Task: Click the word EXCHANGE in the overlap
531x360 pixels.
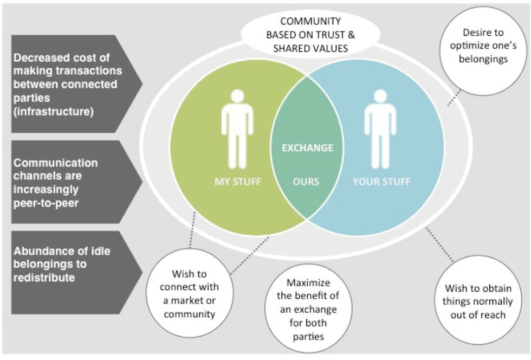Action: [308, 148]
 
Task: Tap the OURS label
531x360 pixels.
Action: [306, 182]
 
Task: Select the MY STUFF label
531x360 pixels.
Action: [238, 182]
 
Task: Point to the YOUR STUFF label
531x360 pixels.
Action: [381, 182]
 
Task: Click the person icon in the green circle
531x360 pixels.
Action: [237, 129]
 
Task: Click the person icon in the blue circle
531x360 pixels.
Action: [380, 129]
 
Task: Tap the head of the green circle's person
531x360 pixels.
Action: [237, 96]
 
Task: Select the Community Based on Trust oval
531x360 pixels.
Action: [310, 34]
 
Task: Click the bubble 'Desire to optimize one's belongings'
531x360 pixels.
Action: [483, 51]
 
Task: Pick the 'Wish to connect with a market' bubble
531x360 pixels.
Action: [190, 293]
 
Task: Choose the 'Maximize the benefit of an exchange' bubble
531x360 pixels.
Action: [308, 309]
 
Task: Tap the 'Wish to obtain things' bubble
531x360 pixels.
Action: [478, 300]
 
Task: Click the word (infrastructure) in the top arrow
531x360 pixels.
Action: [53, 112]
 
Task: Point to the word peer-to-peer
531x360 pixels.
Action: [46, 203]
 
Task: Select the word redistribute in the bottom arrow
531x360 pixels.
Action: [44, 278]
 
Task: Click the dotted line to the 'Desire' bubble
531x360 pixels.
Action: [454, 98]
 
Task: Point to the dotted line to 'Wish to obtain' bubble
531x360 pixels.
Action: [439, 245]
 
